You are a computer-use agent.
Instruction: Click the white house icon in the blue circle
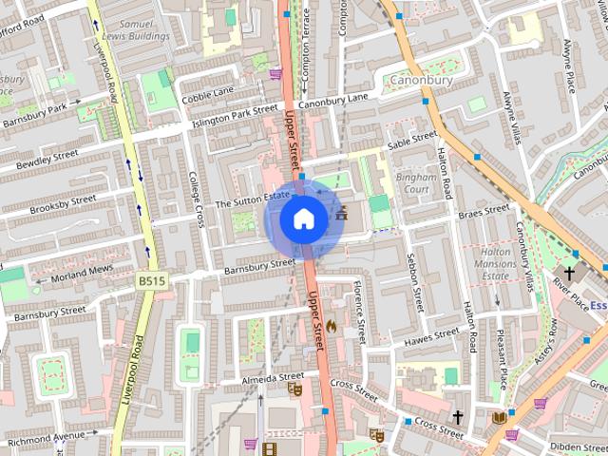[x=303, y=219]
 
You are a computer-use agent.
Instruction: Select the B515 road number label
[x=150, y=281]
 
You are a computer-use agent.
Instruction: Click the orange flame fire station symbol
[x=332, y=326]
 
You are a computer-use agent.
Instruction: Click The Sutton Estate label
[x=252, y=200]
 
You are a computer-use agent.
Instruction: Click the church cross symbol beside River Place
[x=569, y=273]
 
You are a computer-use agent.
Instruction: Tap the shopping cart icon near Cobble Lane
[x=275, y=73]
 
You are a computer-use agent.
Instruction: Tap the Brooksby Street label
[x=63, y=204]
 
